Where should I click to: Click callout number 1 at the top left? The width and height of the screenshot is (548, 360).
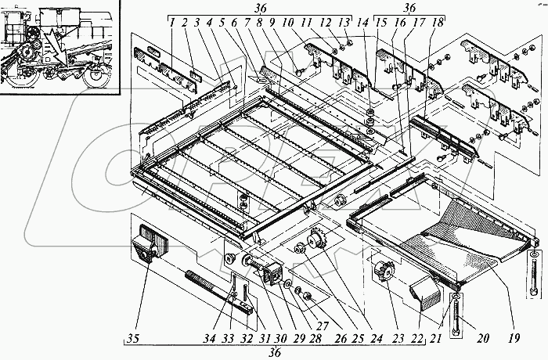(171, 23)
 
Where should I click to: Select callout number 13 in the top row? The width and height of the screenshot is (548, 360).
(344, 23)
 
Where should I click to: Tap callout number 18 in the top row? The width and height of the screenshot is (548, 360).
(438, 23)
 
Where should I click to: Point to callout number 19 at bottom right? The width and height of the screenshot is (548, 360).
(514, 337)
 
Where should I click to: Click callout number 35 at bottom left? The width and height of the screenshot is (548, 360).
(134, 338)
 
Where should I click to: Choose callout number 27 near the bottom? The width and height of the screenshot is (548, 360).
(322, 326)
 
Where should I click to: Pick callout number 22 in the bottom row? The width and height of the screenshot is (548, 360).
(416, 338)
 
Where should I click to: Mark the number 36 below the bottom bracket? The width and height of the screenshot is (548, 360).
(276, 352)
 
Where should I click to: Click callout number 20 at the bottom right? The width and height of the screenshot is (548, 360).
(482, 337)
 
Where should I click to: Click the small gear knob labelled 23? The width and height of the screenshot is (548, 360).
(384, 272)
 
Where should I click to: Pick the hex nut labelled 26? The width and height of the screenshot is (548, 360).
(308, 295)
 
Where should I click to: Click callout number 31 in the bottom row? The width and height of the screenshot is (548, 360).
(265, 338)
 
